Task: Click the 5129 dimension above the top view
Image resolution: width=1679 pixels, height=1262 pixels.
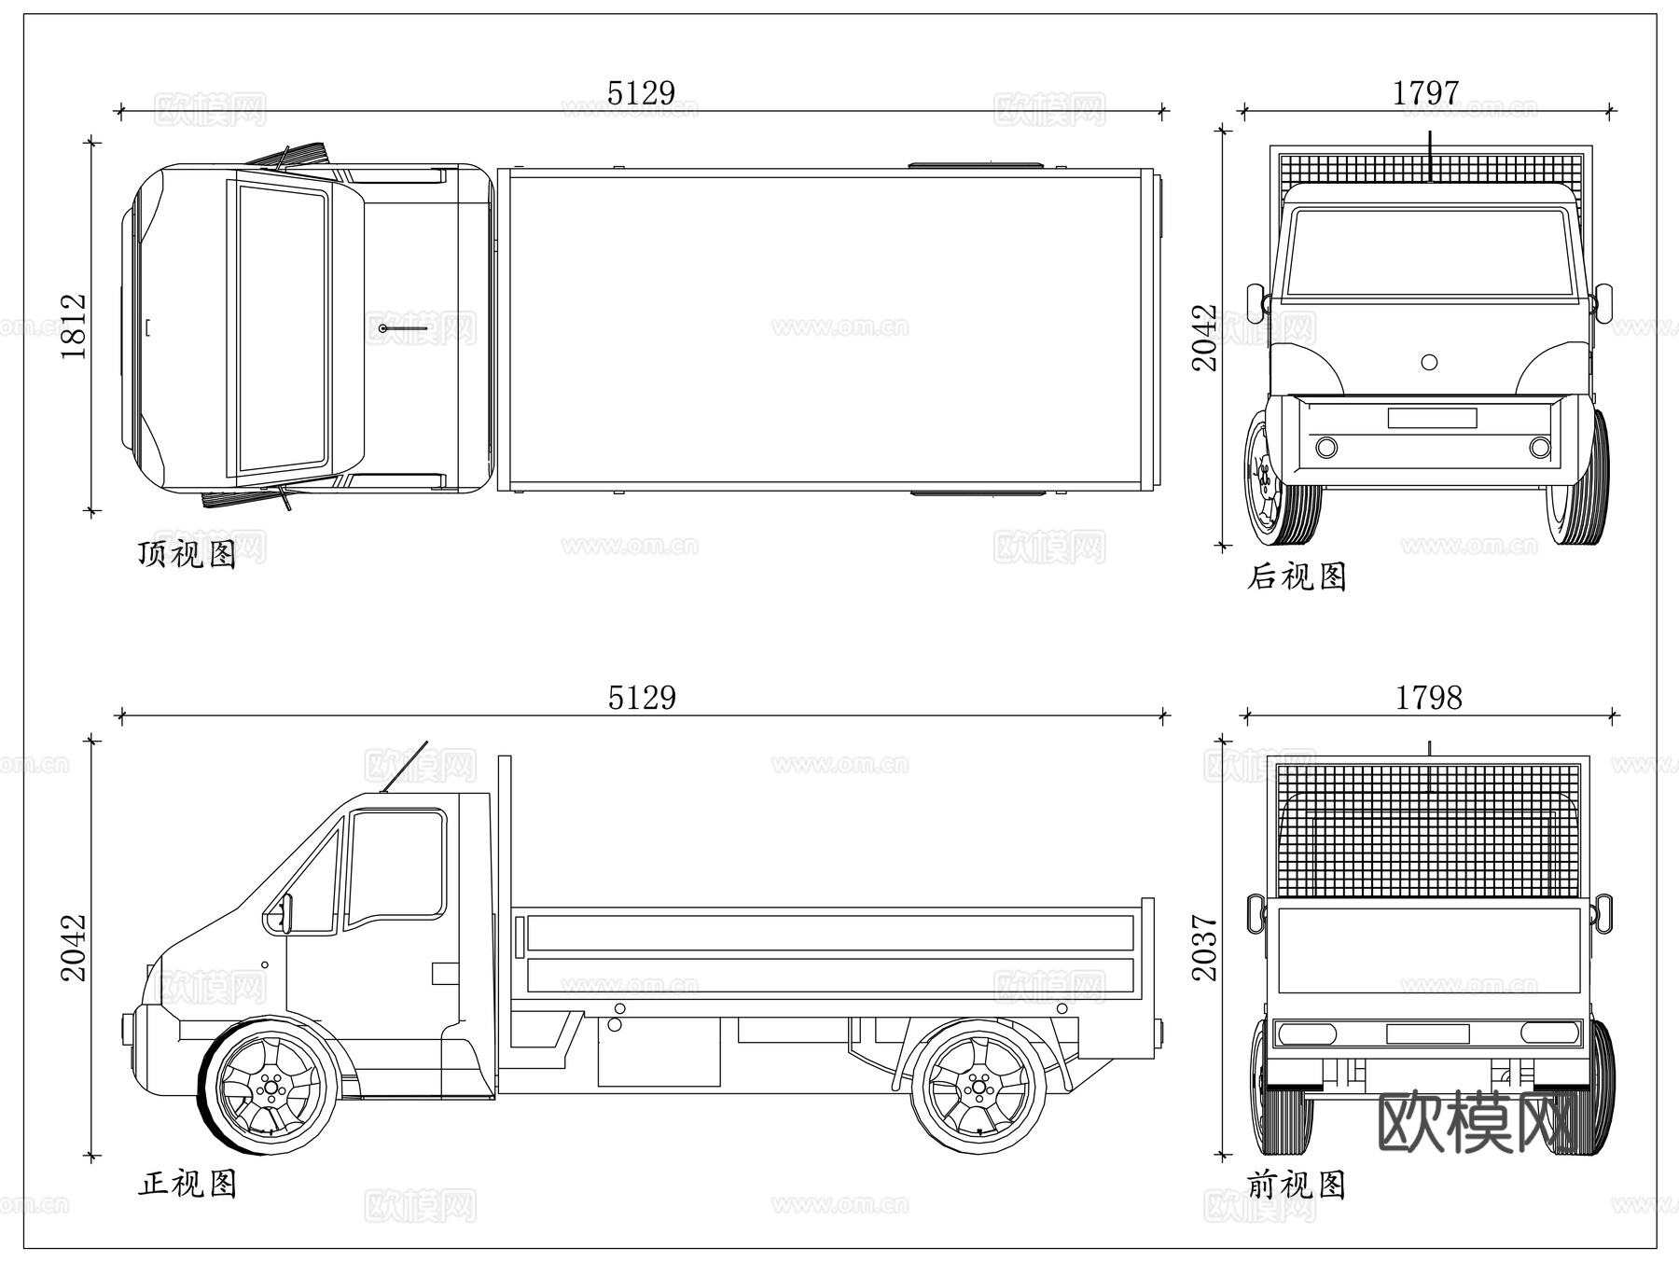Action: click(x=641, y=93)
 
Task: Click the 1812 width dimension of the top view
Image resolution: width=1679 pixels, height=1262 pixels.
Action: click(x=74, y=326)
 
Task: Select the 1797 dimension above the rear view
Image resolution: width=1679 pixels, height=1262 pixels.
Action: click(x=1425, y=93)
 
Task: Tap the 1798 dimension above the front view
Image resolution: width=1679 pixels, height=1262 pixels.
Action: click(x=1428, y=698)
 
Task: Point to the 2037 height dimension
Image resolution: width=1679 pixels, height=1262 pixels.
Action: click(x=1205, y=948)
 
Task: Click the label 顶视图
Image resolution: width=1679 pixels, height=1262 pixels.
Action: click(x=187, y=554)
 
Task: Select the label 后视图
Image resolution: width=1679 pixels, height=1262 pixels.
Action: click(x=1297, y=576)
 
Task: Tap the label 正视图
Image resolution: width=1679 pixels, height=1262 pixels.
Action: click(x=187, y=1184)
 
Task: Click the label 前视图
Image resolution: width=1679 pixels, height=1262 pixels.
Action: click(x=1297, y=1186)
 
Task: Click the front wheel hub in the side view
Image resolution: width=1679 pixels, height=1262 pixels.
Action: click(x=271, y=1087)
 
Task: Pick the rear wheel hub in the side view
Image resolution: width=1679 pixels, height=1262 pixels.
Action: click(x=978, y=1087)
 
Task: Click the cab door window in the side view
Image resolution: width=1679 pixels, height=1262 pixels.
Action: click(x=395, y=866)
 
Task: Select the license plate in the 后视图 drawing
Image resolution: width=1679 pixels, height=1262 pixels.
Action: click(x=1431, y=418)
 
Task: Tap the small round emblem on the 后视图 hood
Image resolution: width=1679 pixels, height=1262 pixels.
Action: click(x=1429, y=362)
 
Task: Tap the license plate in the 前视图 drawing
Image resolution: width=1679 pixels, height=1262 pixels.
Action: click(x=1427, y=1033)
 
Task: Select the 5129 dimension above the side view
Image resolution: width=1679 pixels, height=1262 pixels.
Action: click(x=641, y=698)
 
